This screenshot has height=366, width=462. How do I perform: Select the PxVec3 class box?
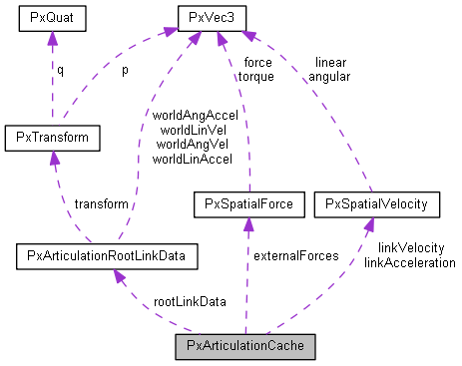[x=212, y=18]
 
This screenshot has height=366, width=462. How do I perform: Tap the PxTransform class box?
[x=50, y=135]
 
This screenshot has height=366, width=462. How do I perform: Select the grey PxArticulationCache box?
[x=244, y=347]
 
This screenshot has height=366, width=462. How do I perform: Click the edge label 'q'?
[x=59, y=71]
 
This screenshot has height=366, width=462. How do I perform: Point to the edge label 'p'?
[x=124, y=71]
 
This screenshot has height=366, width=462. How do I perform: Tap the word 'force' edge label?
[x=256, y=62]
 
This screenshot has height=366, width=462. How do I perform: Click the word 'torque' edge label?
[x=256, y=75]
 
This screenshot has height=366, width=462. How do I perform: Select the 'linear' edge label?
[x=329, y=62]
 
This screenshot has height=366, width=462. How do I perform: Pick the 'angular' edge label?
[x=329, y=75]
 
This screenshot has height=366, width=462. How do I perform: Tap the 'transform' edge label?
[x=101, y=203]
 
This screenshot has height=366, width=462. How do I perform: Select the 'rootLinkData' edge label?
[x=189, y=301]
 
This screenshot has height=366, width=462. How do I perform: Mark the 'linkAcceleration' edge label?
[x=409, y=261]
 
